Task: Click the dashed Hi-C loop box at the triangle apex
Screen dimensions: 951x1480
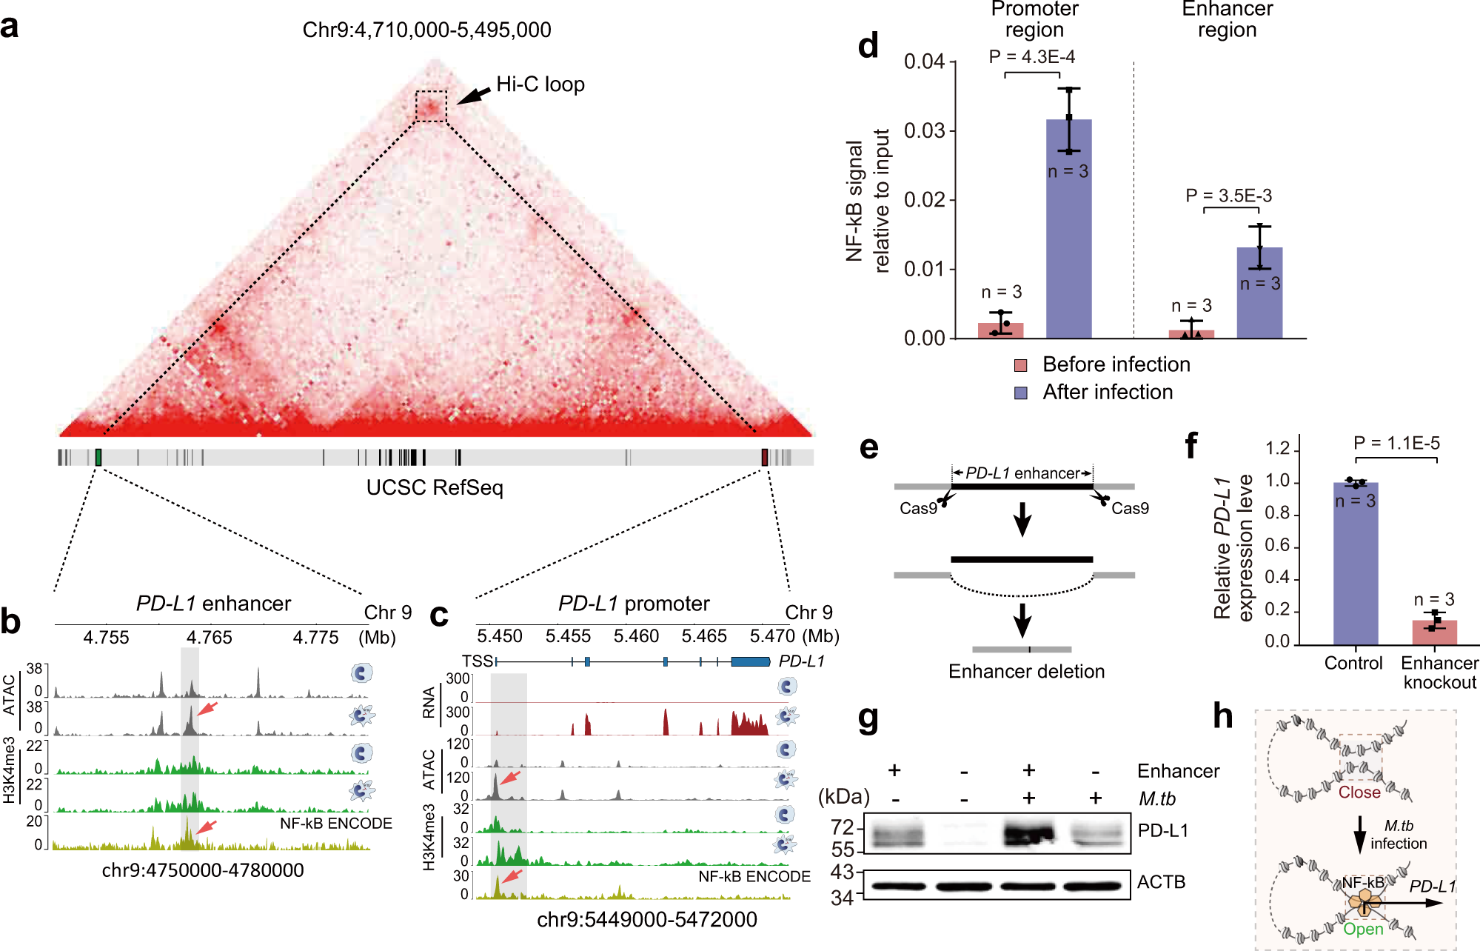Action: pyautogui.click(x=431, y=106)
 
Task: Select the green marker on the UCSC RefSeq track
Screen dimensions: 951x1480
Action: pyautogui.click(x=98, y=457)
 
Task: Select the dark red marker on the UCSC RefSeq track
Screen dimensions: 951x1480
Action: pyautogui.click(x=765, y=457)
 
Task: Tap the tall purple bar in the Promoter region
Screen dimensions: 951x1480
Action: pyautogui.click(x=1068, y=230)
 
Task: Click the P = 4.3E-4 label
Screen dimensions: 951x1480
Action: pyautogui.click(x=1031, y=57)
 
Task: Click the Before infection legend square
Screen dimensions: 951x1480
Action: pyautogui.click(x=1021, y=365)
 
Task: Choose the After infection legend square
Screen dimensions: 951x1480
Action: pyautogui.click(x=1021, y=393)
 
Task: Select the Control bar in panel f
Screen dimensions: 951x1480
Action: pyautogui.click(x=1356, y=563)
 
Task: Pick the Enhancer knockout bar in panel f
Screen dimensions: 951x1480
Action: pyautogui.click(x=1434, y=633)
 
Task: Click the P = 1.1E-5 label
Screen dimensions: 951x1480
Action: pyautogui.click(x=1396, y=443)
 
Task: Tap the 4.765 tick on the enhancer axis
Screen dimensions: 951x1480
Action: pyautogui.click(x=210, y=637)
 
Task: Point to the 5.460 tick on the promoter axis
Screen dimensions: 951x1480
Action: pyautogui.click(x=636, y=636)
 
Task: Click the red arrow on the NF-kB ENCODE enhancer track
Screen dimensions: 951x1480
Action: pyautogui.click(x=207, y=827)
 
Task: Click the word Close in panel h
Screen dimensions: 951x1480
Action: pyautogui.click(x=1359, y=792)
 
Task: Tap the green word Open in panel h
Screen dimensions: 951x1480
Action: pyautogui.click(x=1363, y=929)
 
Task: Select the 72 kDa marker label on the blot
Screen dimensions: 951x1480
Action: pyautogui.click(x=843, y=827)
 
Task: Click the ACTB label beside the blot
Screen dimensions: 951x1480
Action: pyautogui.click(x=1161, y=882)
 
